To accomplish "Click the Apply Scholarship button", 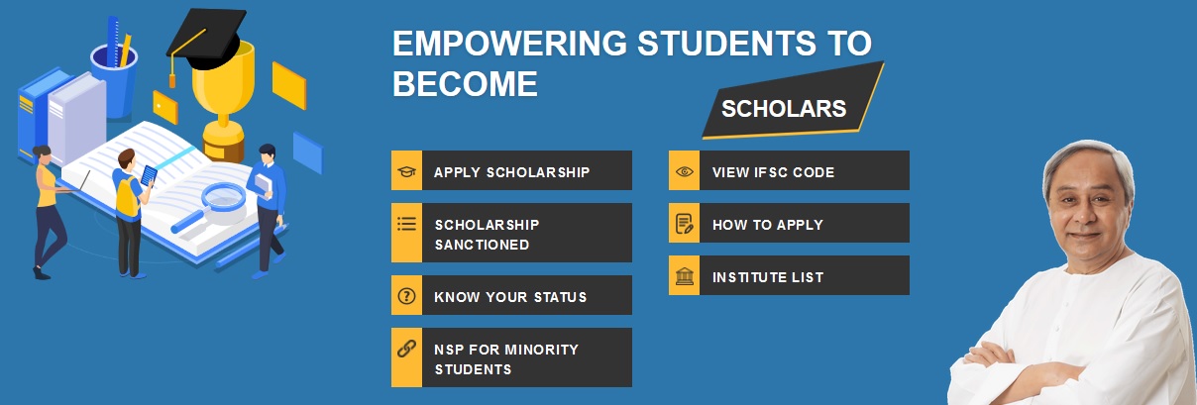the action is coord(511,170).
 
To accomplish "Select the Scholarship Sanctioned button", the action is coord(511,233).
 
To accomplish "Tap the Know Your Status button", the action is coord(511,295).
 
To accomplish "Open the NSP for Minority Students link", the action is coord(511,357).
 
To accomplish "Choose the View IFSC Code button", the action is coord(789,170).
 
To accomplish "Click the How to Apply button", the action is coord(789,223).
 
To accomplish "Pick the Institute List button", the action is coord(789,275).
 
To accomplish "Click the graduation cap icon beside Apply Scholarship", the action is coord(406,171).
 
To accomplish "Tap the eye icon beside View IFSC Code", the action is coord(684,171).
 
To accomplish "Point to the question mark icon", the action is coord(406,295).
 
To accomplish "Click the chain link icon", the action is coord(406,349).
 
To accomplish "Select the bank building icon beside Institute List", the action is coord(684,276).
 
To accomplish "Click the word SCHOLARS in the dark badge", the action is coord(784,109).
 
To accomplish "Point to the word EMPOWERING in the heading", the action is coord(509,43).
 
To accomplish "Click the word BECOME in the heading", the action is coord(465,84).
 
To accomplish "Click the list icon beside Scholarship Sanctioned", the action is coord(406,224).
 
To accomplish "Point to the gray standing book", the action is coord(77,119).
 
